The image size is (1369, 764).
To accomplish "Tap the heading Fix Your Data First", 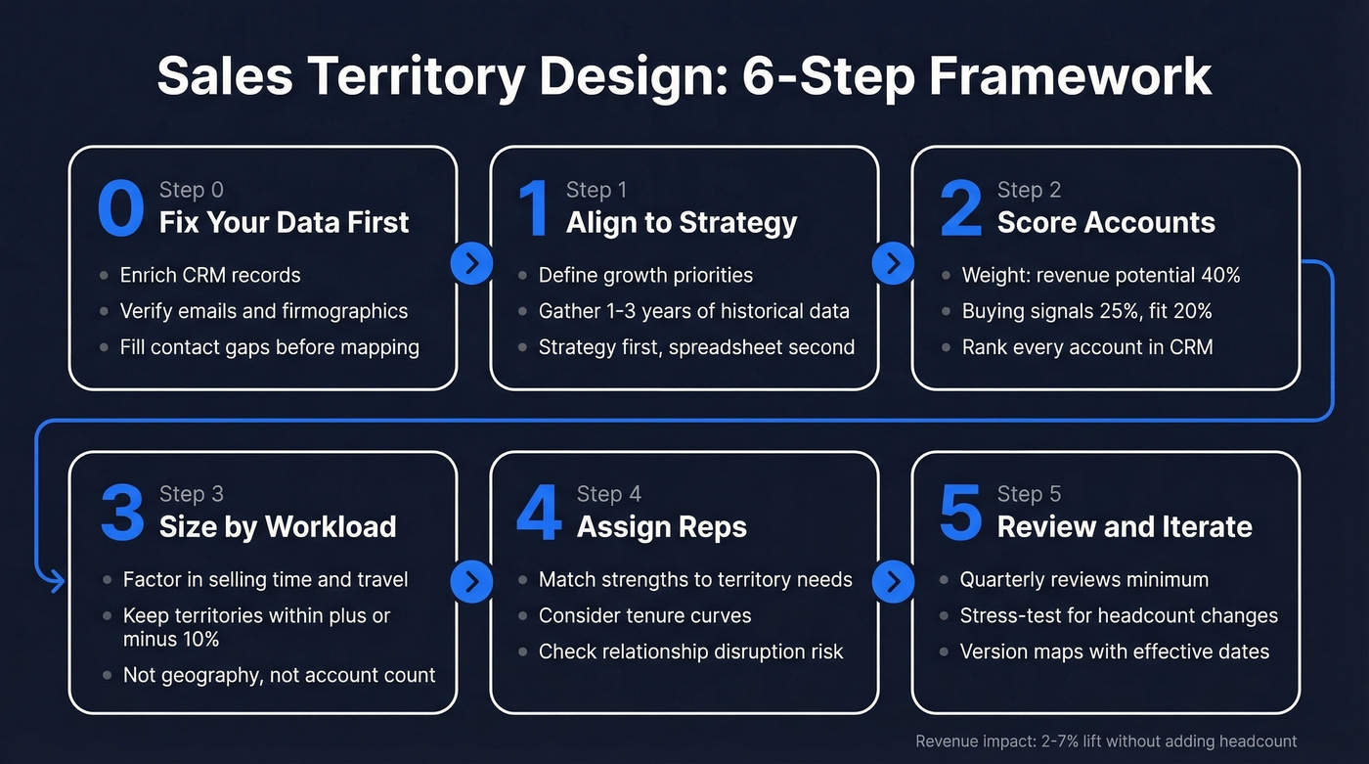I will point(284,222).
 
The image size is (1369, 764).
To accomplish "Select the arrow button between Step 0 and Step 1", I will point(472,262).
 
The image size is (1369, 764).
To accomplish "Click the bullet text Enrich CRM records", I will point(209,275).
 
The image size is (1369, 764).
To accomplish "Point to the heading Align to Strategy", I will point(682,222).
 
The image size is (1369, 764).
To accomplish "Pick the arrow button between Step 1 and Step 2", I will point(893,262).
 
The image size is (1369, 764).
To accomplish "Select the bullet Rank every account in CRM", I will point(1086,347).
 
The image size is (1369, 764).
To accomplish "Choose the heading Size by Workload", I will point(278,526).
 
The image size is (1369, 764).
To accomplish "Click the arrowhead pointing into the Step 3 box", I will point(57,583).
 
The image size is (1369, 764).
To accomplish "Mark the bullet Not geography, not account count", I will point(279,674).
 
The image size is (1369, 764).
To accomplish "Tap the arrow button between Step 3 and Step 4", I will point(472,581).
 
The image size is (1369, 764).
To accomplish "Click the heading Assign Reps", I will point(661,526).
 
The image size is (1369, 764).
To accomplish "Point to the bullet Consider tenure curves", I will point(644,615).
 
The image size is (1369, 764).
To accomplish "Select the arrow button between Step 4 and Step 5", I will point(893,581).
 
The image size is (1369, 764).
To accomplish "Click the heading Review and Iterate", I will point(1124,526).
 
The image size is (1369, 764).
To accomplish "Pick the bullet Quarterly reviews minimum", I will point(1083,579).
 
